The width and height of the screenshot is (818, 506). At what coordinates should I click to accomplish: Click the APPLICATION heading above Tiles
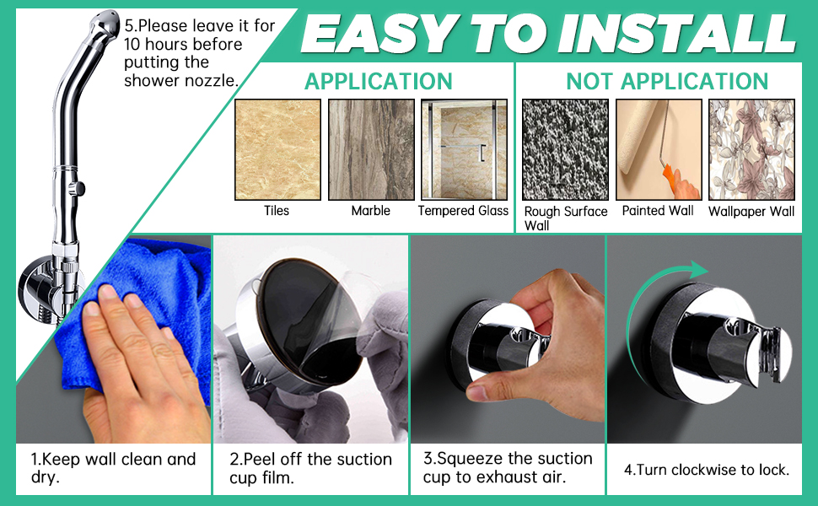(379, 81)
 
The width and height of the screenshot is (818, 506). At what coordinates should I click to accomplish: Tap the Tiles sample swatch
(277, 149)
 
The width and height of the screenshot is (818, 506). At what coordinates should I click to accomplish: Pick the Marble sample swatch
(371, 149)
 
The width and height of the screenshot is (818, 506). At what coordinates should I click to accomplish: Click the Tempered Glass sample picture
(464, 149)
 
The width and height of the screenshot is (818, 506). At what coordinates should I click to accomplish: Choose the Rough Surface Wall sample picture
(565, 149)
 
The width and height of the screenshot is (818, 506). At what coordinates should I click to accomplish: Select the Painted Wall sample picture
(658, 149)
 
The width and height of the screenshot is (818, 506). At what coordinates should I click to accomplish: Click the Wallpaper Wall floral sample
(751, 149)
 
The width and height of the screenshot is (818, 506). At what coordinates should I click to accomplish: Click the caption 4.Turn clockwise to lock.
(706, 470)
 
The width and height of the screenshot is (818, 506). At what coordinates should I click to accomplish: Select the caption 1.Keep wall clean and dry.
(113, 469)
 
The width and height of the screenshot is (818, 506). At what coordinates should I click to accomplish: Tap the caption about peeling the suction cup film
(310, 469)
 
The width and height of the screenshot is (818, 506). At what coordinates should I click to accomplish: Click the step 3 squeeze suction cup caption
(508, 468)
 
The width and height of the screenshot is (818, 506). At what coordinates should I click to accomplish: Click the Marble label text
(371, 211)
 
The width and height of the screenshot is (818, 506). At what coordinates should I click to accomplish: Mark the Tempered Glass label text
(464, 211)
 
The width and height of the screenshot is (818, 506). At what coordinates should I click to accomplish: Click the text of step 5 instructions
(199, 53)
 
